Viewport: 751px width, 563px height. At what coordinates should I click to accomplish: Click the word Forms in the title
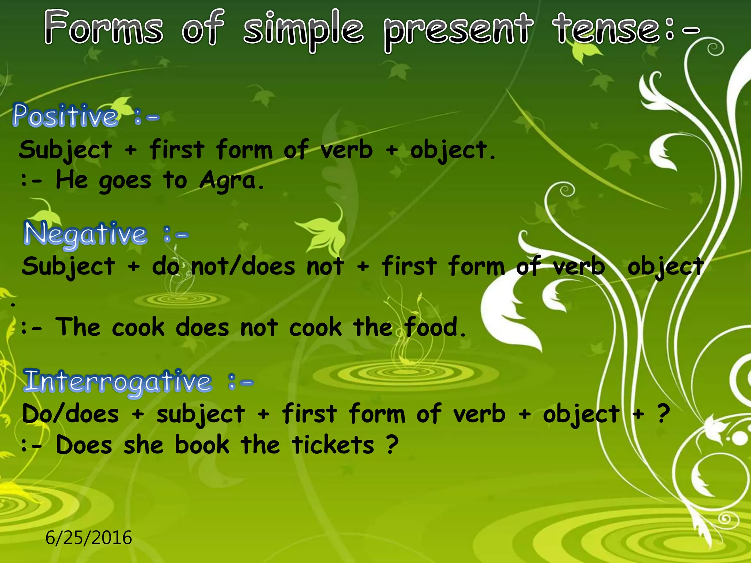click(103, 28)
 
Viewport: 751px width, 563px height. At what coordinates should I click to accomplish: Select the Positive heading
click(65, 116)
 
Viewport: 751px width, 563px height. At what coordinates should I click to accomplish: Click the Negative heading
click(85, 233)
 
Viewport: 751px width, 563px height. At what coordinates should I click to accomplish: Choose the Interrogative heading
click(117, 382)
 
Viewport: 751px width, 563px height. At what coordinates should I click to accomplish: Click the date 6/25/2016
click(88, 538)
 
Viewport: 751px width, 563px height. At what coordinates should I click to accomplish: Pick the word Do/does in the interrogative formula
click(70, 414)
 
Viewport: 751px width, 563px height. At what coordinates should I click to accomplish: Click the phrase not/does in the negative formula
click(243, 266)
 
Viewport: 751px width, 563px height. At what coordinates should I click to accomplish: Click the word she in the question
click(143, 445)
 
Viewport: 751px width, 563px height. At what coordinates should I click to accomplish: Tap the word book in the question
click(202, 445)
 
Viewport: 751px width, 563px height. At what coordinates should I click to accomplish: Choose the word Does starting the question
click(84, 445)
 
